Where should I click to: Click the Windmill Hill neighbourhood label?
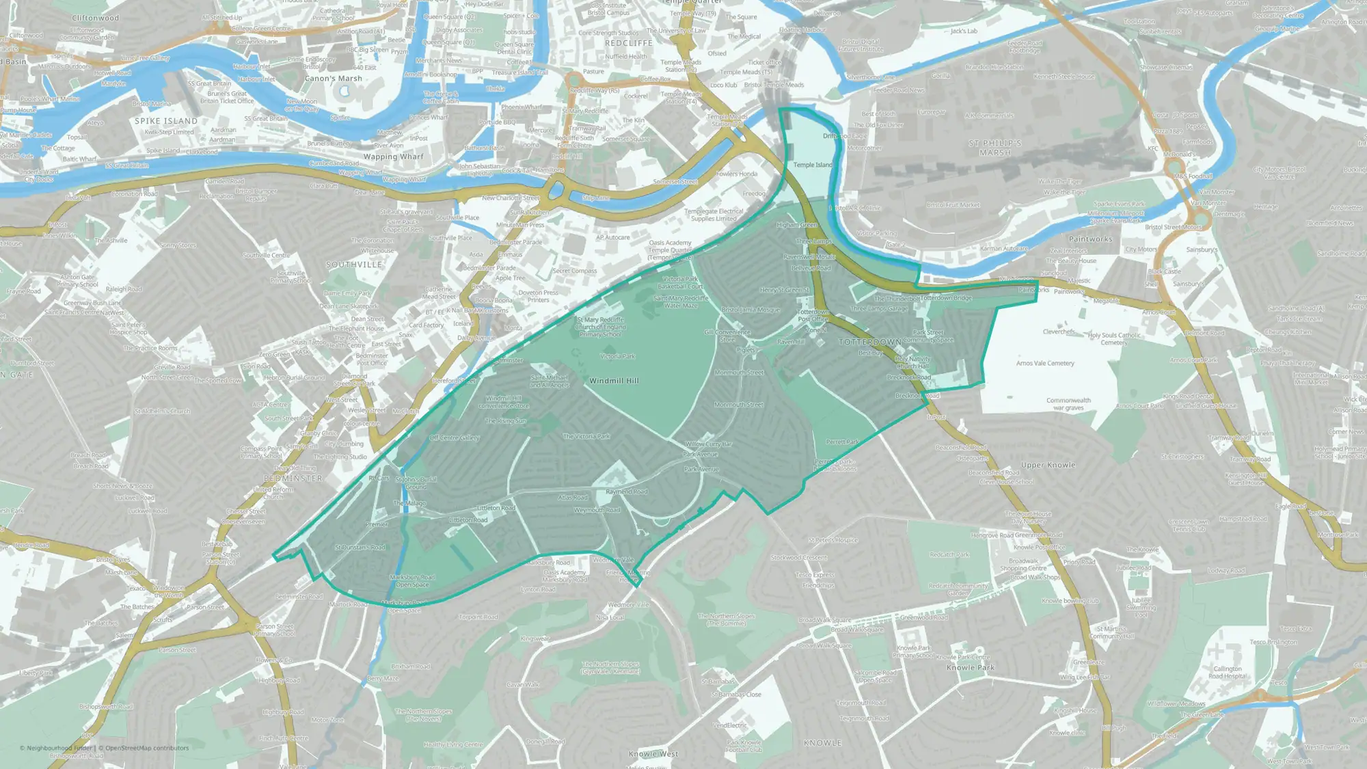pyautogui.click(x=614, y=381)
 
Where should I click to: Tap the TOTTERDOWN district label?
pyautogui.click(x=870, y=342)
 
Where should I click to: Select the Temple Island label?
pyautogui.click(x=813, y=165)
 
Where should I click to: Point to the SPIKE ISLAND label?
pyautogui.click(x=166, y=121)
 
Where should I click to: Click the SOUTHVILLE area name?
pyautogui.click(x=354, y=265)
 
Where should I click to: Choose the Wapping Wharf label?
pyautogui.click(x=393, y=157)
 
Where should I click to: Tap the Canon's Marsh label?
pyautogui.click(x=334, y=79)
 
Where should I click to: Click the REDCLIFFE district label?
pyautogui.click(x=629, y=43)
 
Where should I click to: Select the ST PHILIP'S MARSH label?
pyautogui.click(x=995, y=148)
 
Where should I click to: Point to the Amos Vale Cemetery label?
pyautogui.click(x=1045, y=363)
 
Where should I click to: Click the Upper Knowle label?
pyautogui.click(x=1048, y=465)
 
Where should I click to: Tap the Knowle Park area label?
pyautogui.click(x=971, y=667)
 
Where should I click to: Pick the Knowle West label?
pyautogui.click(x=653, y=753)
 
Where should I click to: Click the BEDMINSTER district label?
pyautogui.click(x=293, y=478)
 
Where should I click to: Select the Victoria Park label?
pyautogui.click(x=618, y=356)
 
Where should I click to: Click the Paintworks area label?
pyautogui.click(x=1090, y=239)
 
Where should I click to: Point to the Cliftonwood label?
pyautogui.click(x=95, y=18)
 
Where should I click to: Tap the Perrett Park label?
pyautogui.click(x=842, y=442)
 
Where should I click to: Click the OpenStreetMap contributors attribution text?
pyautogui.click(x=147, y=748)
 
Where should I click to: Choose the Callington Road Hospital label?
pyautogui.click(x=1228, y=673)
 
